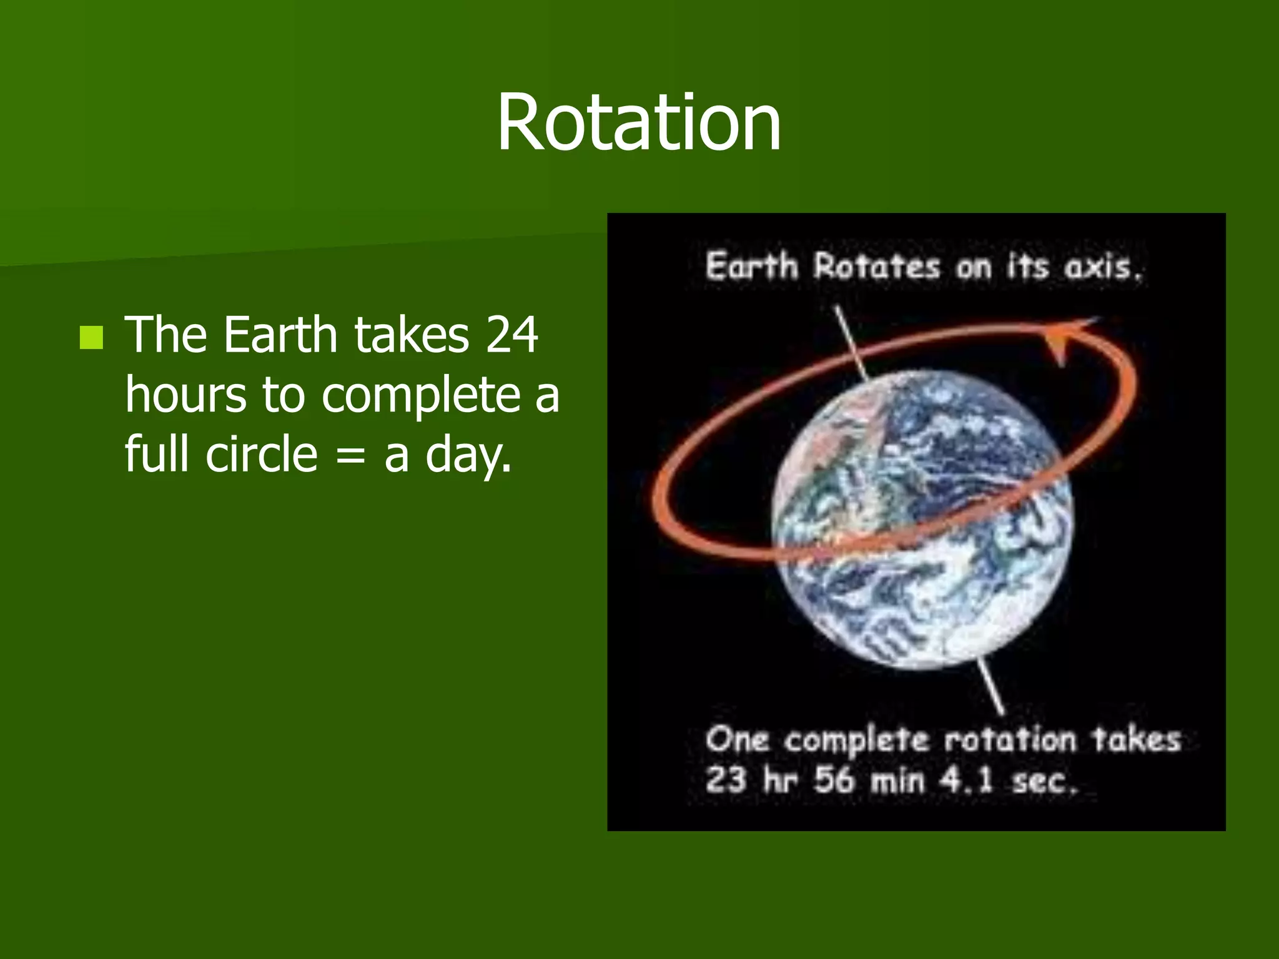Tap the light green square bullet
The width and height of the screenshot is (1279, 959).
pyautogui.click(x=92, y=338)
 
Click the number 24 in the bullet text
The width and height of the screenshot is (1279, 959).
pyautogui.click(x=511, y=335)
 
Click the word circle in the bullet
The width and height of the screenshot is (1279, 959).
pyautogui.click(x=262, y=454)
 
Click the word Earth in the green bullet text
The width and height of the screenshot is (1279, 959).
pyautogui.click(x=280, y=335)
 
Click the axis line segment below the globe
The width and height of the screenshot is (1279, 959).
pyautogui.click(x=990, y=687)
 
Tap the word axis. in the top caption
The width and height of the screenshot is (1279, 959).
pyautogui.click(x=1103, y=267)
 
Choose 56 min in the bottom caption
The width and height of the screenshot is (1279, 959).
pyautogui.click(x=868, y=780)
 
